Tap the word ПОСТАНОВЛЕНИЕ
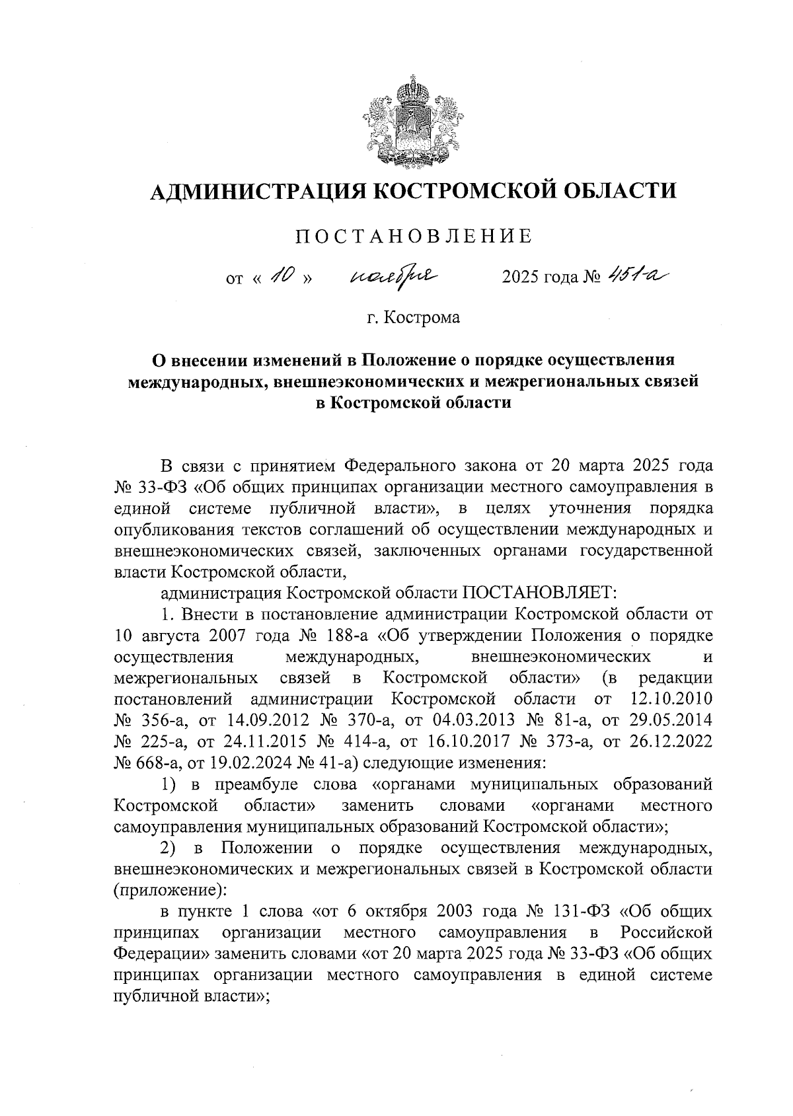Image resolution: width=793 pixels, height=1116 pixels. pyautogui.click(x=414, y=237)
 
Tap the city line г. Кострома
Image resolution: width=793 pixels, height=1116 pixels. pyautogui.click(x=414, y=318)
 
